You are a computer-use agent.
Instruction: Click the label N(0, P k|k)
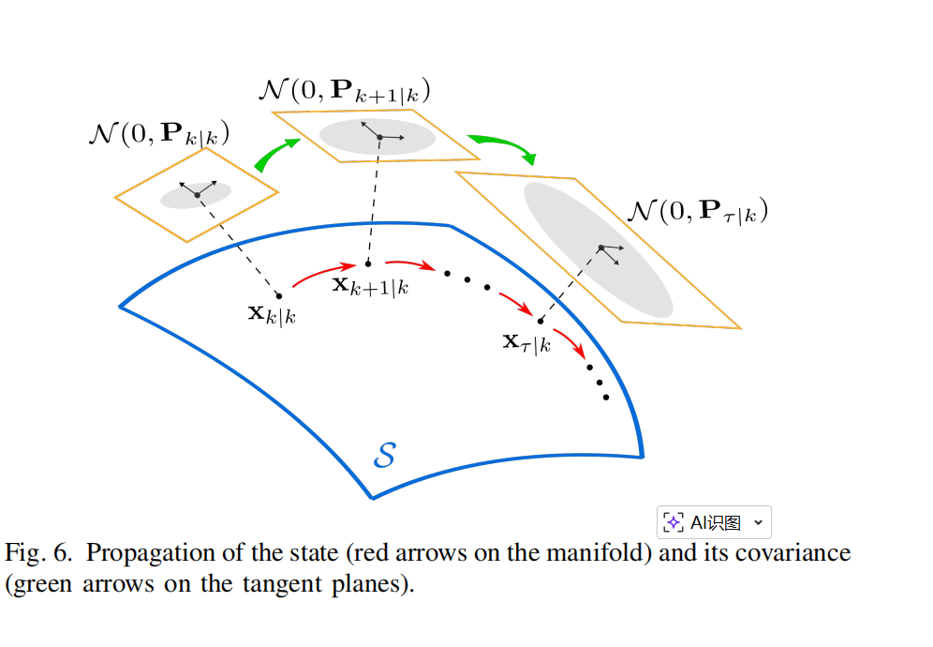pyautogui.click(x=158, y=133)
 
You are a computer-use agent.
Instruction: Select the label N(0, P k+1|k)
pyautogui.click(x=343, y=92)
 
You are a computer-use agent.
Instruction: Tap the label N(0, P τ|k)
pyautogui.click(x=697, y=211)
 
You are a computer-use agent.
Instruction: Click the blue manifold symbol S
pyautogui.click(x=384, y=457)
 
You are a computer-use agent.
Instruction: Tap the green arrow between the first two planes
pyautogui.click(x=276, y=153)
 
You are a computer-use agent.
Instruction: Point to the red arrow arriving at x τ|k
pyautogui.click(x=514, y=302)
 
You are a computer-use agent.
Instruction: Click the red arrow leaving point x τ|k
pyautogui.click(x=570, y=341)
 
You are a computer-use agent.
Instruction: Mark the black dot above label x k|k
pyautogui.click(x=278, y=295)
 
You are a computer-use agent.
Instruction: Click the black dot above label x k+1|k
pyautogui.click(x=368, y=263)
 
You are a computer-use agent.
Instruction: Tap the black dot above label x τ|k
pyautogui.click(x=541, y=321)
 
